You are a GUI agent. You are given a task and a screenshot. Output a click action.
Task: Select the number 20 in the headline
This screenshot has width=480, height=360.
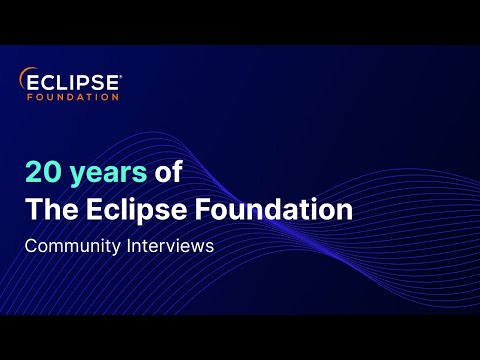[46, 172]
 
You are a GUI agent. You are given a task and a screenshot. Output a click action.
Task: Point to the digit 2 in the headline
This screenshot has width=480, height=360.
[36, 172]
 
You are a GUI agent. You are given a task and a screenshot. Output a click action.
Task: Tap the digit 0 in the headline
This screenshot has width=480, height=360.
[56, 172]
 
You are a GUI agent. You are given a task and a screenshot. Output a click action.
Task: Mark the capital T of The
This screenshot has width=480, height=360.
[34, 210]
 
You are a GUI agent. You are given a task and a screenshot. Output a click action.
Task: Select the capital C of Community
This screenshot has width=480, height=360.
[32, 246]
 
